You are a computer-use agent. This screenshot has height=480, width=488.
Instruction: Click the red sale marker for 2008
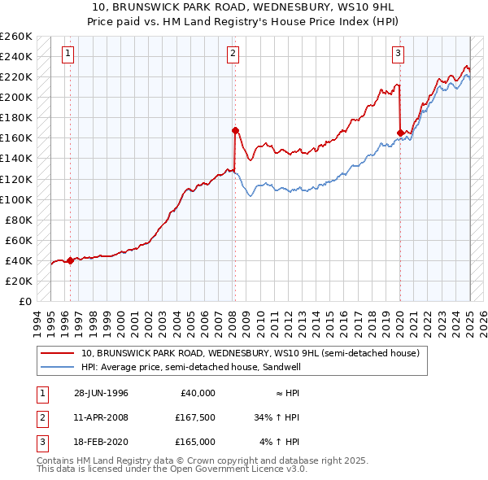click(x=235, y=130)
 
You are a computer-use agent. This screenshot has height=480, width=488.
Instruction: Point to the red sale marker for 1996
click(x=70, y=260)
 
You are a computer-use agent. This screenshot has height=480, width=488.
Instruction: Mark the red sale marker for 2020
click(x=400, y=133)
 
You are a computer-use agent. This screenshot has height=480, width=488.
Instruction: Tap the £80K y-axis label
click(x=19, y=220)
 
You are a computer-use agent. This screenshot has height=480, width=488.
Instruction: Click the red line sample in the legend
click(x=58, y=354)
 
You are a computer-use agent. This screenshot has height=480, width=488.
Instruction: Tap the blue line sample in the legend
click(x=58, y=367)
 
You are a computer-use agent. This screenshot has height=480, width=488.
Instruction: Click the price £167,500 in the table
click(x=193, y=417)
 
